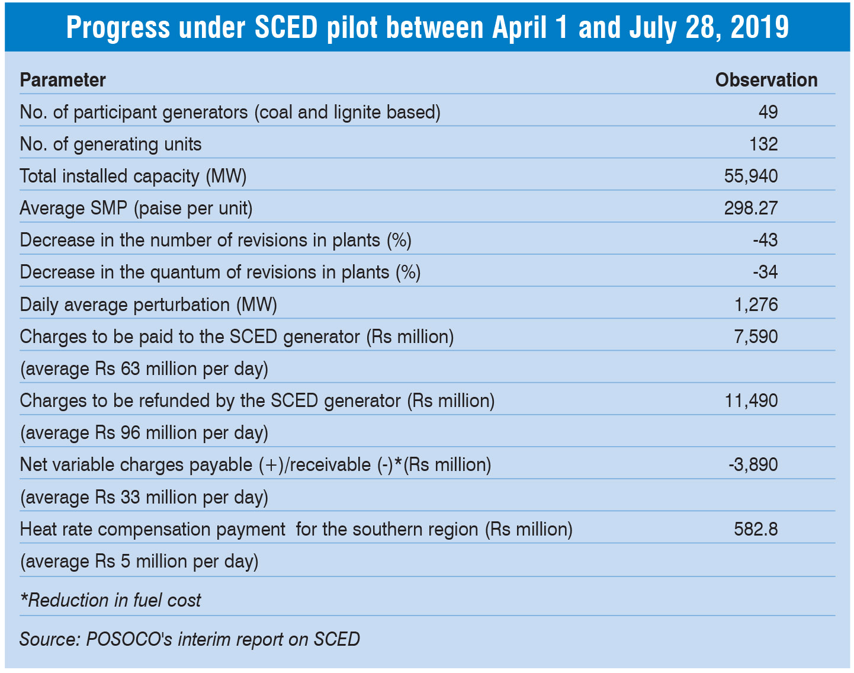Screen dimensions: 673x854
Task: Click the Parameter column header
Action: (63, 80)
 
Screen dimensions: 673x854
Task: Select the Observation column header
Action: (766, 80)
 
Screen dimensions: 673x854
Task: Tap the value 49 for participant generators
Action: (768, 112)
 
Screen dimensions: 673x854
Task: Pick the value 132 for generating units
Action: (763, 144)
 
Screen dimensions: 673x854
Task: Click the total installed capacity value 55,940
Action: (751, 176)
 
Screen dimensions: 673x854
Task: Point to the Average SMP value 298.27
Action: (751, 208)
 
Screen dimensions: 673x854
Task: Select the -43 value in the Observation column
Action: (765, 240)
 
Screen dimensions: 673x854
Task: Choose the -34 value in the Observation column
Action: (765, 272)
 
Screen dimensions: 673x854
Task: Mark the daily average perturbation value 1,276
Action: (756, 305)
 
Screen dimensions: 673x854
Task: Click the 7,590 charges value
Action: (756, 336)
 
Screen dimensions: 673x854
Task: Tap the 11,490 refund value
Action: (751, 400)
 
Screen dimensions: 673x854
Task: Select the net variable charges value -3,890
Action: (753, 464)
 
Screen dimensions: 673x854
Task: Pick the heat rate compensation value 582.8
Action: (756, 528)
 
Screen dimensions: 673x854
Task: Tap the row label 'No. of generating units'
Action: (111, 144)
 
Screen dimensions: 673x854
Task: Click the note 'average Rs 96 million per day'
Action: (144, 432)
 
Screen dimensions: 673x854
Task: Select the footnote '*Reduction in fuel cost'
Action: (111, 600)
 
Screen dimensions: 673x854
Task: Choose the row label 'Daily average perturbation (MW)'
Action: (149, 305)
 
